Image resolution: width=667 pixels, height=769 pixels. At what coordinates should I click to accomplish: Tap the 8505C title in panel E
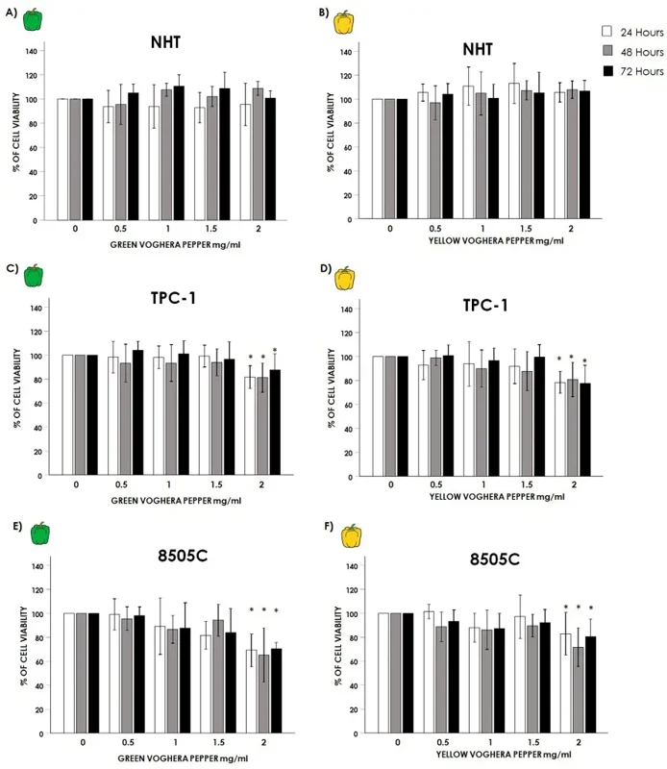[173, 555]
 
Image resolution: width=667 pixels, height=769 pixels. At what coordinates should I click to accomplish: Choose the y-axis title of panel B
[332, 135]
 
